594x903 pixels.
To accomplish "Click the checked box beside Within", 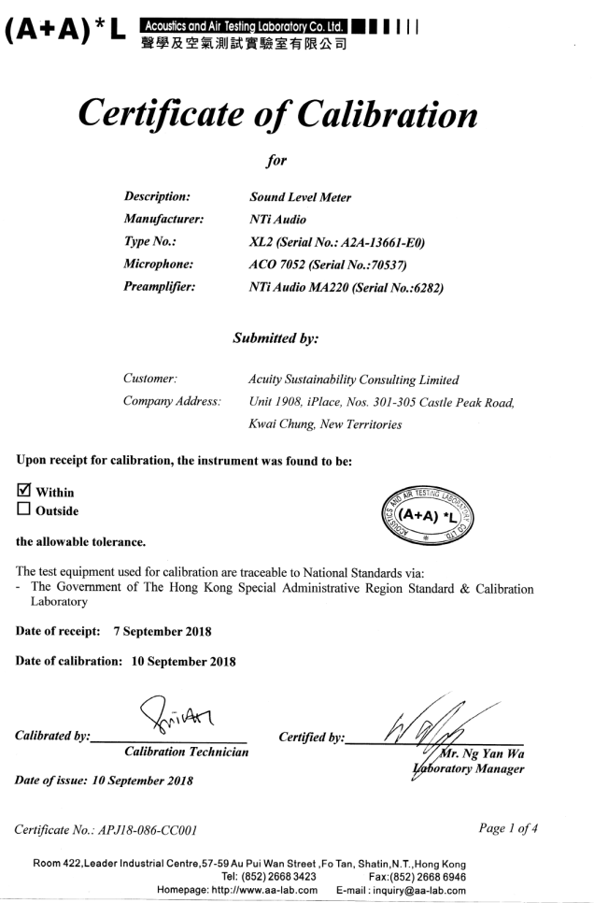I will (x=25, y=492).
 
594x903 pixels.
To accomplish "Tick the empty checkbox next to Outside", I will (x=25, y=511).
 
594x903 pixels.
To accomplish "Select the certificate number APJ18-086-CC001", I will (x=150, y=828).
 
